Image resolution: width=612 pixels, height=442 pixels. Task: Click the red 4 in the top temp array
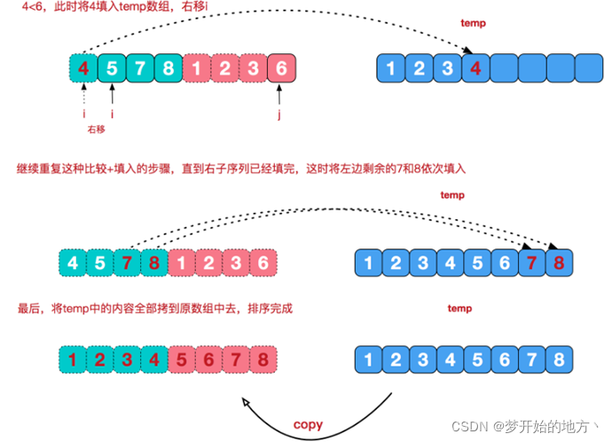pos(475,68)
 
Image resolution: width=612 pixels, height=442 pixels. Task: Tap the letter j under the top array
pos(281,114)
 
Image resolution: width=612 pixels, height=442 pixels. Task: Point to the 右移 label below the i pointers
pos(97,130)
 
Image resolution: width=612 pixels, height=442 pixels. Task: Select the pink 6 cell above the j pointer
pos(281,68)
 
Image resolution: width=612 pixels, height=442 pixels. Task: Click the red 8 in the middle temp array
pos(557,264)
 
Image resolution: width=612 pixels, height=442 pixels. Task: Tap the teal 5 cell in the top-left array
pos(112,68)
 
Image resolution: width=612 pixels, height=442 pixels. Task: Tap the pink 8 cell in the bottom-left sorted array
pos(261,360)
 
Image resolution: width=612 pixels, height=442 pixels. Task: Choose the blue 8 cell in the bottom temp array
pos(557,360)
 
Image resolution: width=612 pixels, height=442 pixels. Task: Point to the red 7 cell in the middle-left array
pos(129,264)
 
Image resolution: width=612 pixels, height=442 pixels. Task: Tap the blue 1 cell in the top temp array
pos(390,68)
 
